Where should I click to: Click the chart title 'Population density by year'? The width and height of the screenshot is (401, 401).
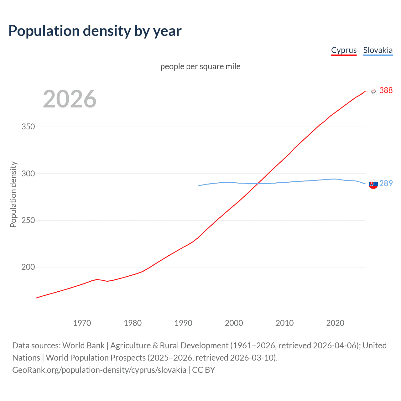(95, 31)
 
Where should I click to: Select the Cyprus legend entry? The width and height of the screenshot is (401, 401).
(344, 50)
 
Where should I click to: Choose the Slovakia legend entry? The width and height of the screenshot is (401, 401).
(378, 50)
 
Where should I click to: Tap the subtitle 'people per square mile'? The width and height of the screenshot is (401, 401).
(200, 67)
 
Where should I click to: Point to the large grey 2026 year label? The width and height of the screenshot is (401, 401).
(70, 99)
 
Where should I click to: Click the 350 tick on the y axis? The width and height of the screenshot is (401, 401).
(28, 127)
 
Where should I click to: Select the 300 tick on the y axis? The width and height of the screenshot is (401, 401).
(28, 174)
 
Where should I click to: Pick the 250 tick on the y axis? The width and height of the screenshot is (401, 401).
(28, 220)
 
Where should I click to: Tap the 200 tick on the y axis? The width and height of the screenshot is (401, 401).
(28, 267)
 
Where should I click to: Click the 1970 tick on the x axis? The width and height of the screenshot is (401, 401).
(82, 323)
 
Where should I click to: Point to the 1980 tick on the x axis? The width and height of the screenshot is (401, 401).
(133, 323)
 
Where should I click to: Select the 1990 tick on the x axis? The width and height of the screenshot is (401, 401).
(183, 323)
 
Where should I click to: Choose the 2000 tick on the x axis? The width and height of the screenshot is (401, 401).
(234, 323)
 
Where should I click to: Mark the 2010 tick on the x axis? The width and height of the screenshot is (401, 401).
(284, 323)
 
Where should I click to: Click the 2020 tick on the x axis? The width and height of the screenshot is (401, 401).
(335, 323)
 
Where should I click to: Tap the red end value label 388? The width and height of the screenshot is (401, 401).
(386, 91)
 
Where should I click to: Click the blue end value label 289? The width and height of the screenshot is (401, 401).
(386, 184)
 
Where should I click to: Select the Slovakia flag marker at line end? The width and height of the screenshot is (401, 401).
(373, 184)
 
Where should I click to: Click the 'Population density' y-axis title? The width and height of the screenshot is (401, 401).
(13, 194)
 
